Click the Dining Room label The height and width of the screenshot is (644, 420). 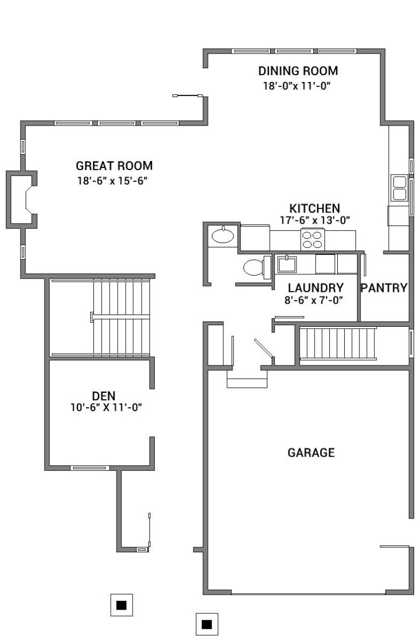(x=298, y=71)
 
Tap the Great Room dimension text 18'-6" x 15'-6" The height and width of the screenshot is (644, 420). (x=112, y=181)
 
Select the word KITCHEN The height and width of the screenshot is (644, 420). (x=315, y=208)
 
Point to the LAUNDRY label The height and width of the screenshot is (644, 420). (x=316, y=288)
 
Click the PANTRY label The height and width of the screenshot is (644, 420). (x=384, y=288)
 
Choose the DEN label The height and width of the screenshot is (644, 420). (x=104, y=396)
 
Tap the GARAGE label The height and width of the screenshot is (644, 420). (x=311, y=452)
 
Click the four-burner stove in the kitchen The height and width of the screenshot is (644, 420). (x=313, y=239)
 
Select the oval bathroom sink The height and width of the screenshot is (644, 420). (x=223, y=236)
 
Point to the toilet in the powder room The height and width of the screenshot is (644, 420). (x=257, y=267)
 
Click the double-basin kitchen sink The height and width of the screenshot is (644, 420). (x=399, y=188)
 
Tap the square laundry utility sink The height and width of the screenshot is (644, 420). (x=286, y=264)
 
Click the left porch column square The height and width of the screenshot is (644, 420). (x=122, y=605)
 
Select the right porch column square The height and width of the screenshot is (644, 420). (x=207, y=624)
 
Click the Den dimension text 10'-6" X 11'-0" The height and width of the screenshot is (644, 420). (x=106, y=407)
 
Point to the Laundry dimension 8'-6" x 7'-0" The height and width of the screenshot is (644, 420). (x=314, y=300)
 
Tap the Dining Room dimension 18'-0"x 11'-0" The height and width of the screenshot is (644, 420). (x=297, y=86)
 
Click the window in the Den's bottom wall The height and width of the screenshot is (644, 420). (x=90, y=468)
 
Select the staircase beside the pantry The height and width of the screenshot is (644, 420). (x=338, y=343)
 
